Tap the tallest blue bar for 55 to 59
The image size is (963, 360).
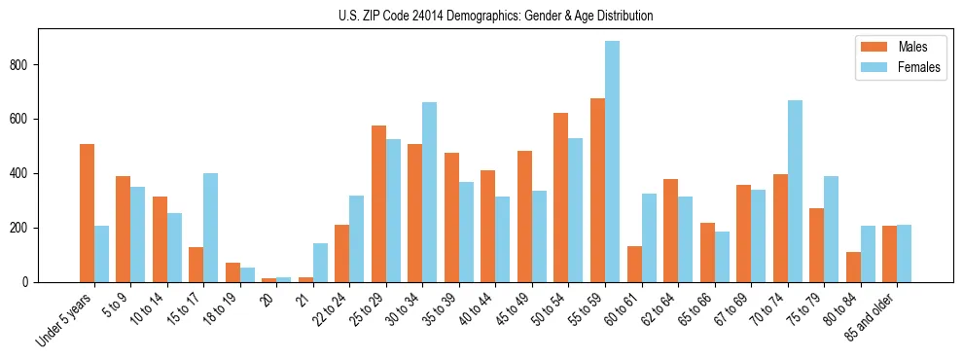click(x=612, y=162)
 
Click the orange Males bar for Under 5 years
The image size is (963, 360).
click(x=88, y=213)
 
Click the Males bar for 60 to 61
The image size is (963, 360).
click(x=634, y=264)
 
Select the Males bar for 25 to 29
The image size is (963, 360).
click(x=378, y=203)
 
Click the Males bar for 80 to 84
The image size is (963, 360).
click(x=853, y=267)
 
